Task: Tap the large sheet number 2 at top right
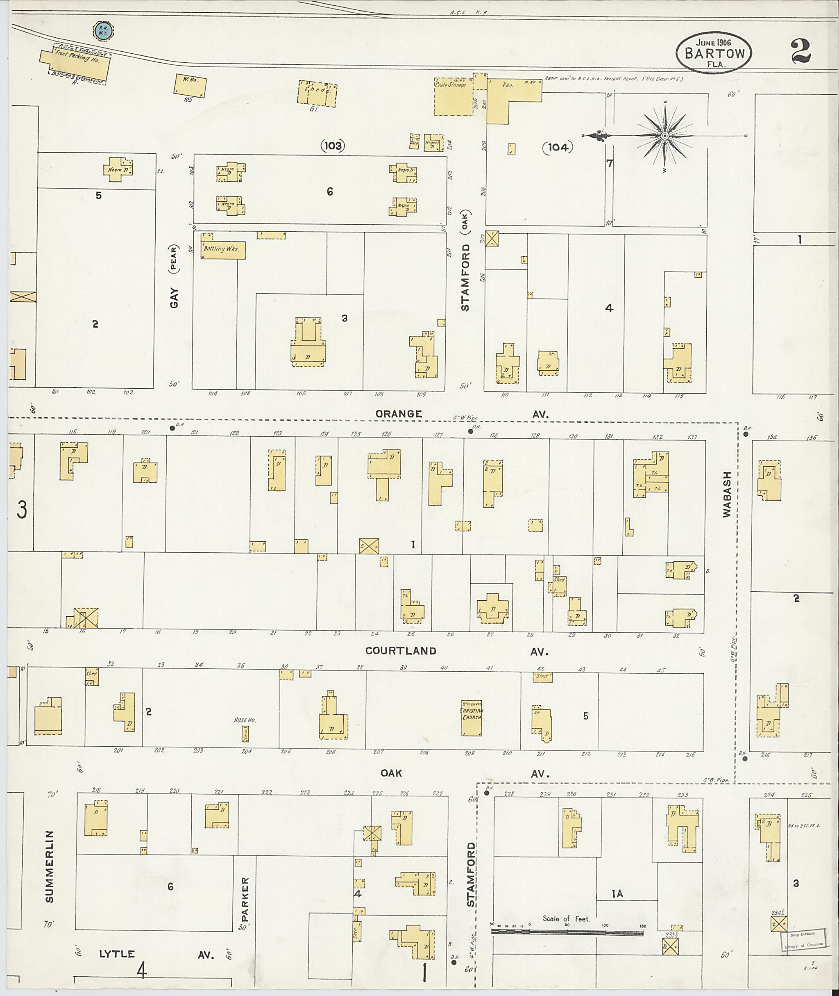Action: (x=801, y=51)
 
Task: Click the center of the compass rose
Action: (x=665, y=136)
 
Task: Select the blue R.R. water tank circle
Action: (x=102, y=31)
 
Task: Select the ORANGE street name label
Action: (x=399, y=414)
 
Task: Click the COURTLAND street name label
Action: (x=401, y=651)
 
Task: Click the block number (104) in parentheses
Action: (x=558, y=148)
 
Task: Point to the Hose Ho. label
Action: (x=245, y=720)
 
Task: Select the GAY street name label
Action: (x=174, y=298)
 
